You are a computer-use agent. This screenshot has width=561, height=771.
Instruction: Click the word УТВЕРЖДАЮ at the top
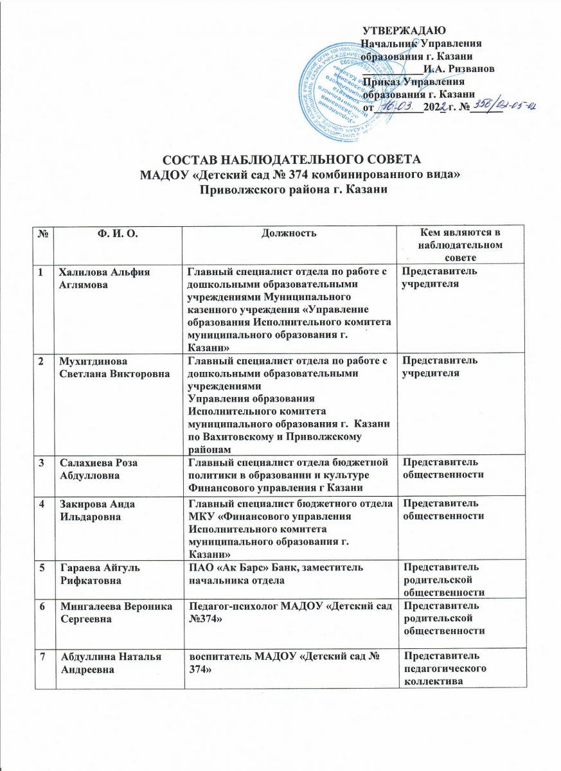(404, 30)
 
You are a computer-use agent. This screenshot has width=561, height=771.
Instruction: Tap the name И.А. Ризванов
(459, 69)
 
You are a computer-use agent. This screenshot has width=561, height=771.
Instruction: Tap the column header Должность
(289, 231)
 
